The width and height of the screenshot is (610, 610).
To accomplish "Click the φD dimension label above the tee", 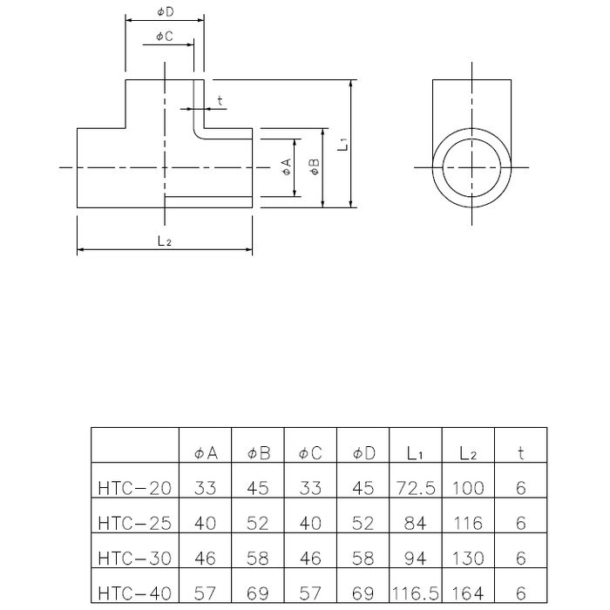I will pyautogui.click(x=165, y=11).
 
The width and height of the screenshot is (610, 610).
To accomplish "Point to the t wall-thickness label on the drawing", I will pyautogui.click(x=220, y=101).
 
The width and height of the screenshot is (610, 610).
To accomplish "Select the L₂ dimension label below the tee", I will pyautogui.click(x=164, y=241).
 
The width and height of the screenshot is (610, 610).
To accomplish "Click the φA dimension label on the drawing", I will pyautogui.click(x=286, y=167).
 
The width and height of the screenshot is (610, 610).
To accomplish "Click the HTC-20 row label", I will pyautogui.click(x=135, y=489).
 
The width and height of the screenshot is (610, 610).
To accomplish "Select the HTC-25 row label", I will pyautogui.click(x=135, y=523).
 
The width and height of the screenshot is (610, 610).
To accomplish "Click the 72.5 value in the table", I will pyautogui.click(x=416, y=489).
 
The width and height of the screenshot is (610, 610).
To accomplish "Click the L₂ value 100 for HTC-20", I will pyautogui.click(x=468, y=489).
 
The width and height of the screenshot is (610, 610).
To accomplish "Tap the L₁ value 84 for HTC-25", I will pyautogui.click(x=416, y=523).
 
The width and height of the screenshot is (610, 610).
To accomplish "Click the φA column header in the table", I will pyautogui.click(x=205, y=453).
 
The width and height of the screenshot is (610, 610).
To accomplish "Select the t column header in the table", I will pyautogui.click(x=520, y=453).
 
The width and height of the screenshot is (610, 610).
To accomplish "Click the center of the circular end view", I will pyautogui.click(x=471, y=166).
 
